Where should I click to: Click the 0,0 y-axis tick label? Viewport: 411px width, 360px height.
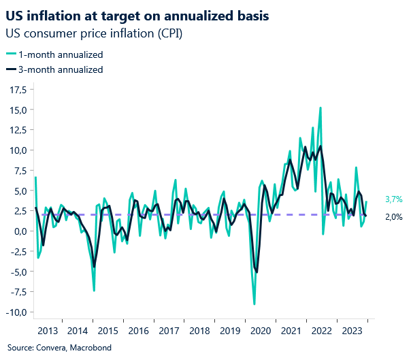[18, 231]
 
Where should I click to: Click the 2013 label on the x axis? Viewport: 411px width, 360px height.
[48, 331]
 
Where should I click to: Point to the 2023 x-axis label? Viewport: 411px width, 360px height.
[352, 331]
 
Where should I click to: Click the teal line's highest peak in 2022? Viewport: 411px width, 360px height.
[320, 108]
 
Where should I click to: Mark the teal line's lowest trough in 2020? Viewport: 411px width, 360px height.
[254, 304]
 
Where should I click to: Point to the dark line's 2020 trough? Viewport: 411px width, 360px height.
[257, 272]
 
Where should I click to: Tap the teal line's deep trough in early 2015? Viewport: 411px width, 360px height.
[94, 291]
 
